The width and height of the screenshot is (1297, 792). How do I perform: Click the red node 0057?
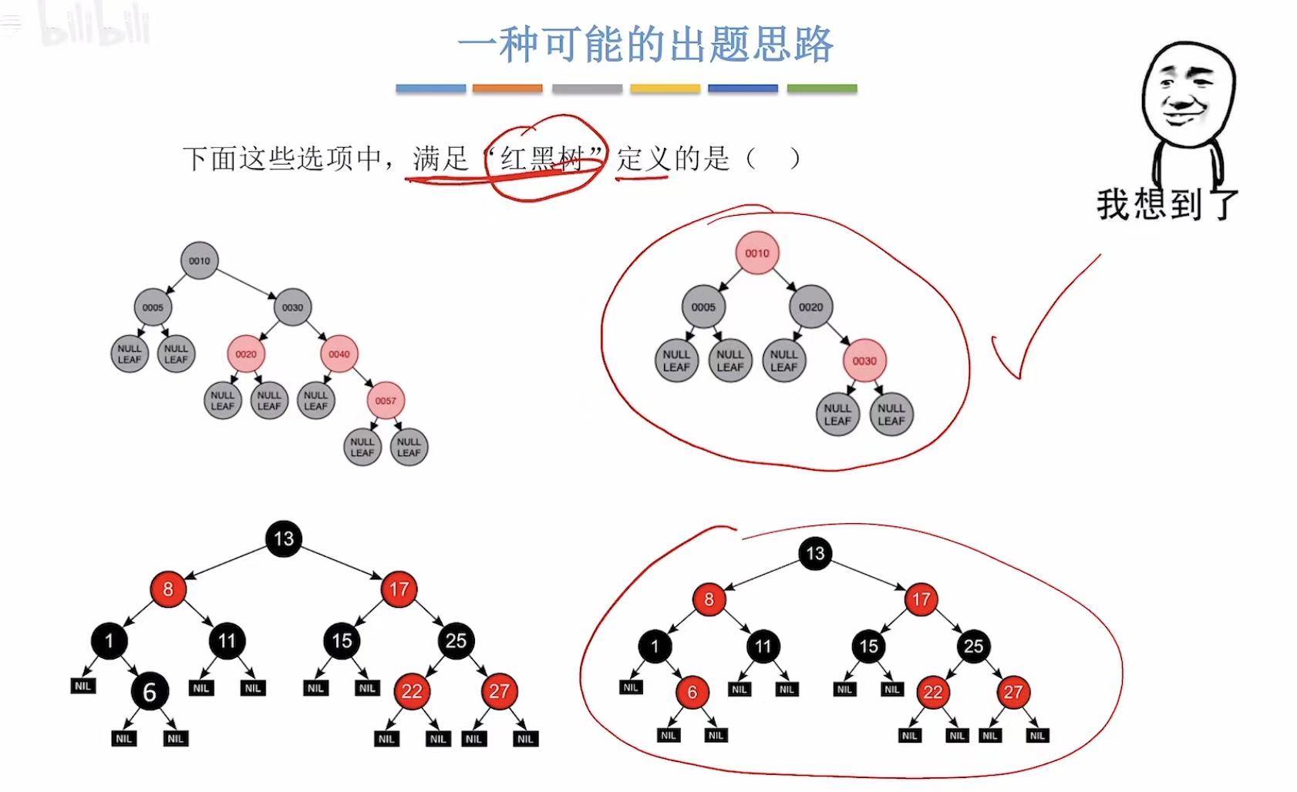point(386,401)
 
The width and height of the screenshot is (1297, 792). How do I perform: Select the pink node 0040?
point(339,354)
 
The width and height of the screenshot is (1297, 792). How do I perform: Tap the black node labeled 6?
point(150,692)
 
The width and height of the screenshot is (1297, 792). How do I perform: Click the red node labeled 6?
point(692,693)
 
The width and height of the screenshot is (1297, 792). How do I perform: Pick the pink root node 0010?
point(757,253)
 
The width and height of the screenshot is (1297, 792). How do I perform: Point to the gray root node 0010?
point(199,261)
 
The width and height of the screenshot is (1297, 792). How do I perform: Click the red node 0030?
point(864,361)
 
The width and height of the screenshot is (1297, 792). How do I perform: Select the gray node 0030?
point(292,307)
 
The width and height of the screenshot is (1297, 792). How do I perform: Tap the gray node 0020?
point(810,307)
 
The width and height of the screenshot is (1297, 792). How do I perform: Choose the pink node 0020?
point(246,354)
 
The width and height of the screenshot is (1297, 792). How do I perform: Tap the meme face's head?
point(1187,92)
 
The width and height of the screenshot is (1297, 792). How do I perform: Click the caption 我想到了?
point(1166,205)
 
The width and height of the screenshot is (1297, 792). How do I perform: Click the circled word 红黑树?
point(543,159)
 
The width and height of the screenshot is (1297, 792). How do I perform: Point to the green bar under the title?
point(822,89)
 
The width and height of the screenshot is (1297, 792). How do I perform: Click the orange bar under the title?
point(507,89)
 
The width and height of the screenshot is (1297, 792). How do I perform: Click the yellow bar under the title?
point(665,89)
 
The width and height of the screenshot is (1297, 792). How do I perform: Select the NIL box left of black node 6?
point(83,686)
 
